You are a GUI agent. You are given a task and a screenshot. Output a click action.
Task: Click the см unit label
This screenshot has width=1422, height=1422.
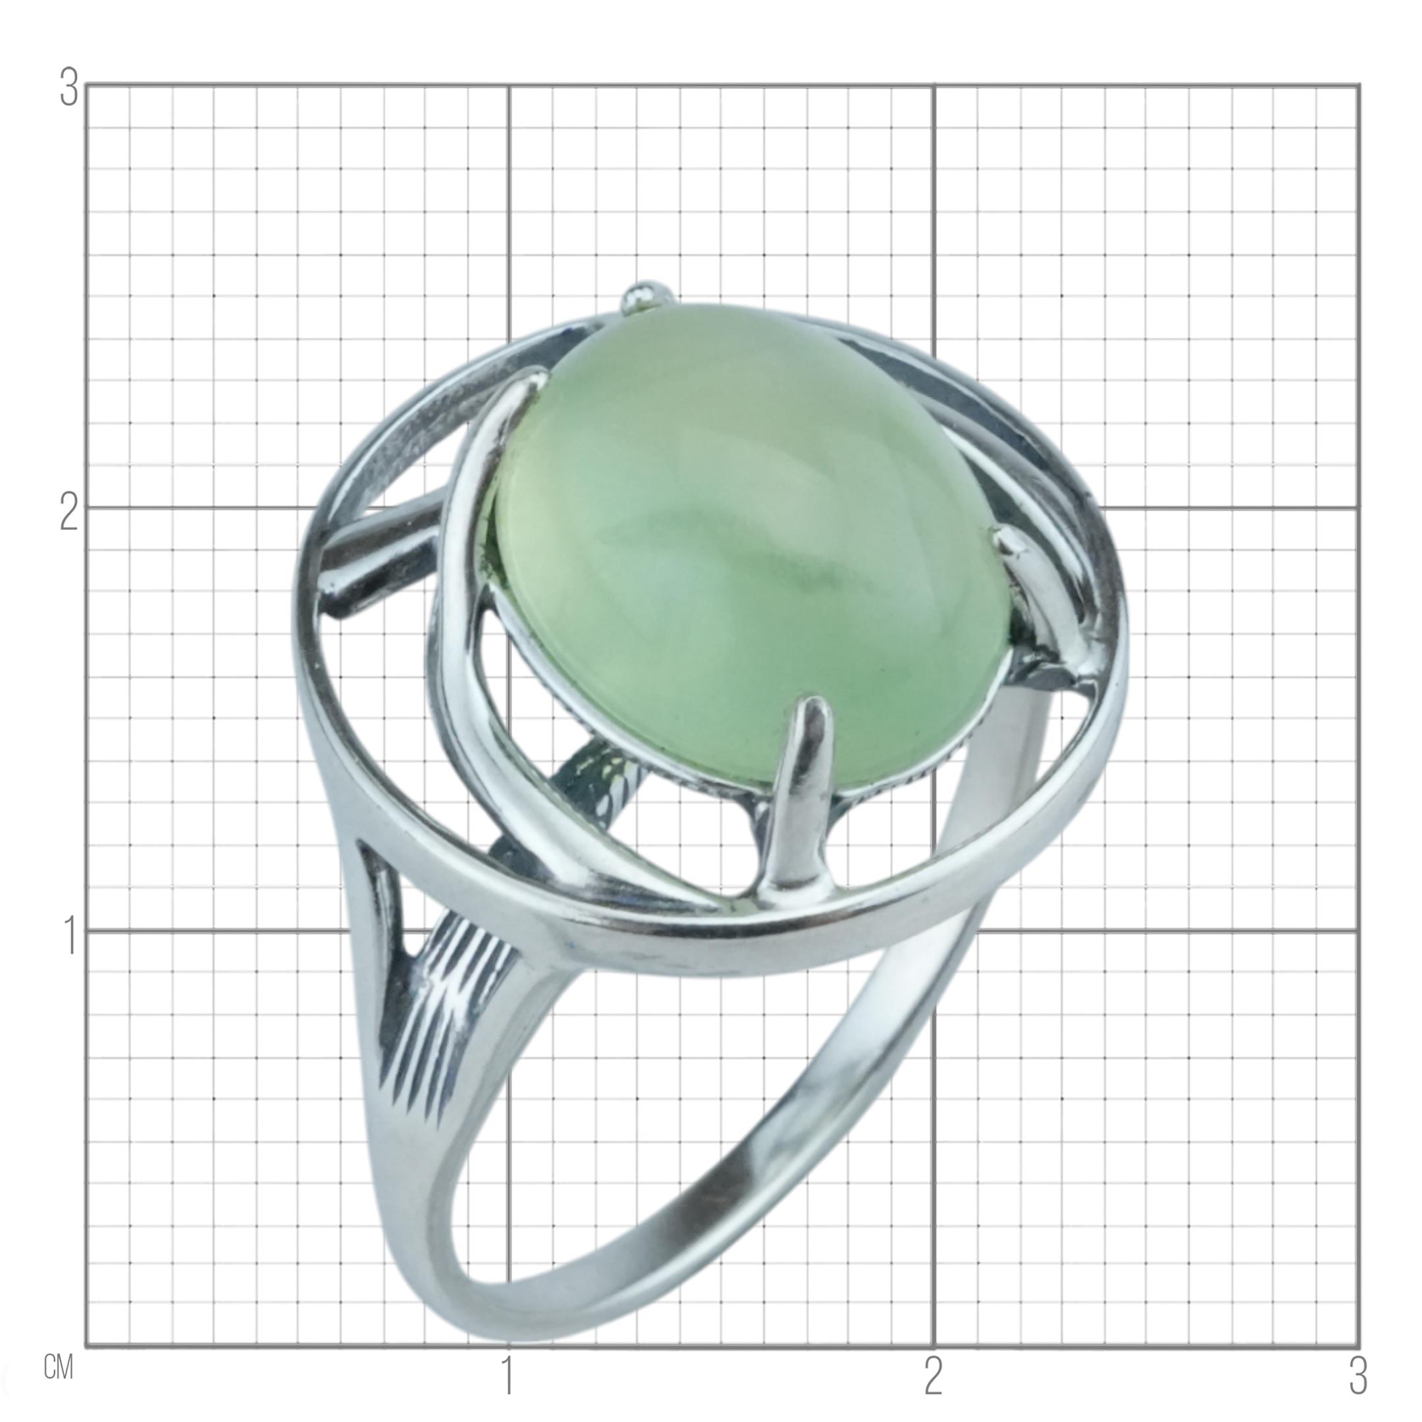pos(59,1367)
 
